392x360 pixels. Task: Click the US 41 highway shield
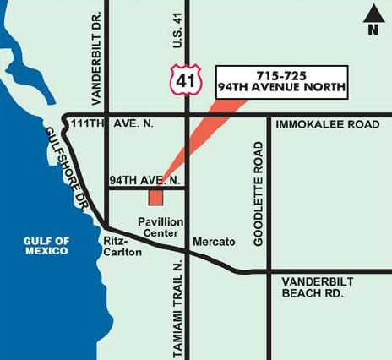[183, 79]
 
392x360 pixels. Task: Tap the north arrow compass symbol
[371, 14]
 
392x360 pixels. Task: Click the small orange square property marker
[155, 197]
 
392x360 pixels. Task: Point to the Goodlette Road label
[259, 194]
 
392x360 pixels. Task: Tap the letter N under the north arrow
[372, 30]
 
